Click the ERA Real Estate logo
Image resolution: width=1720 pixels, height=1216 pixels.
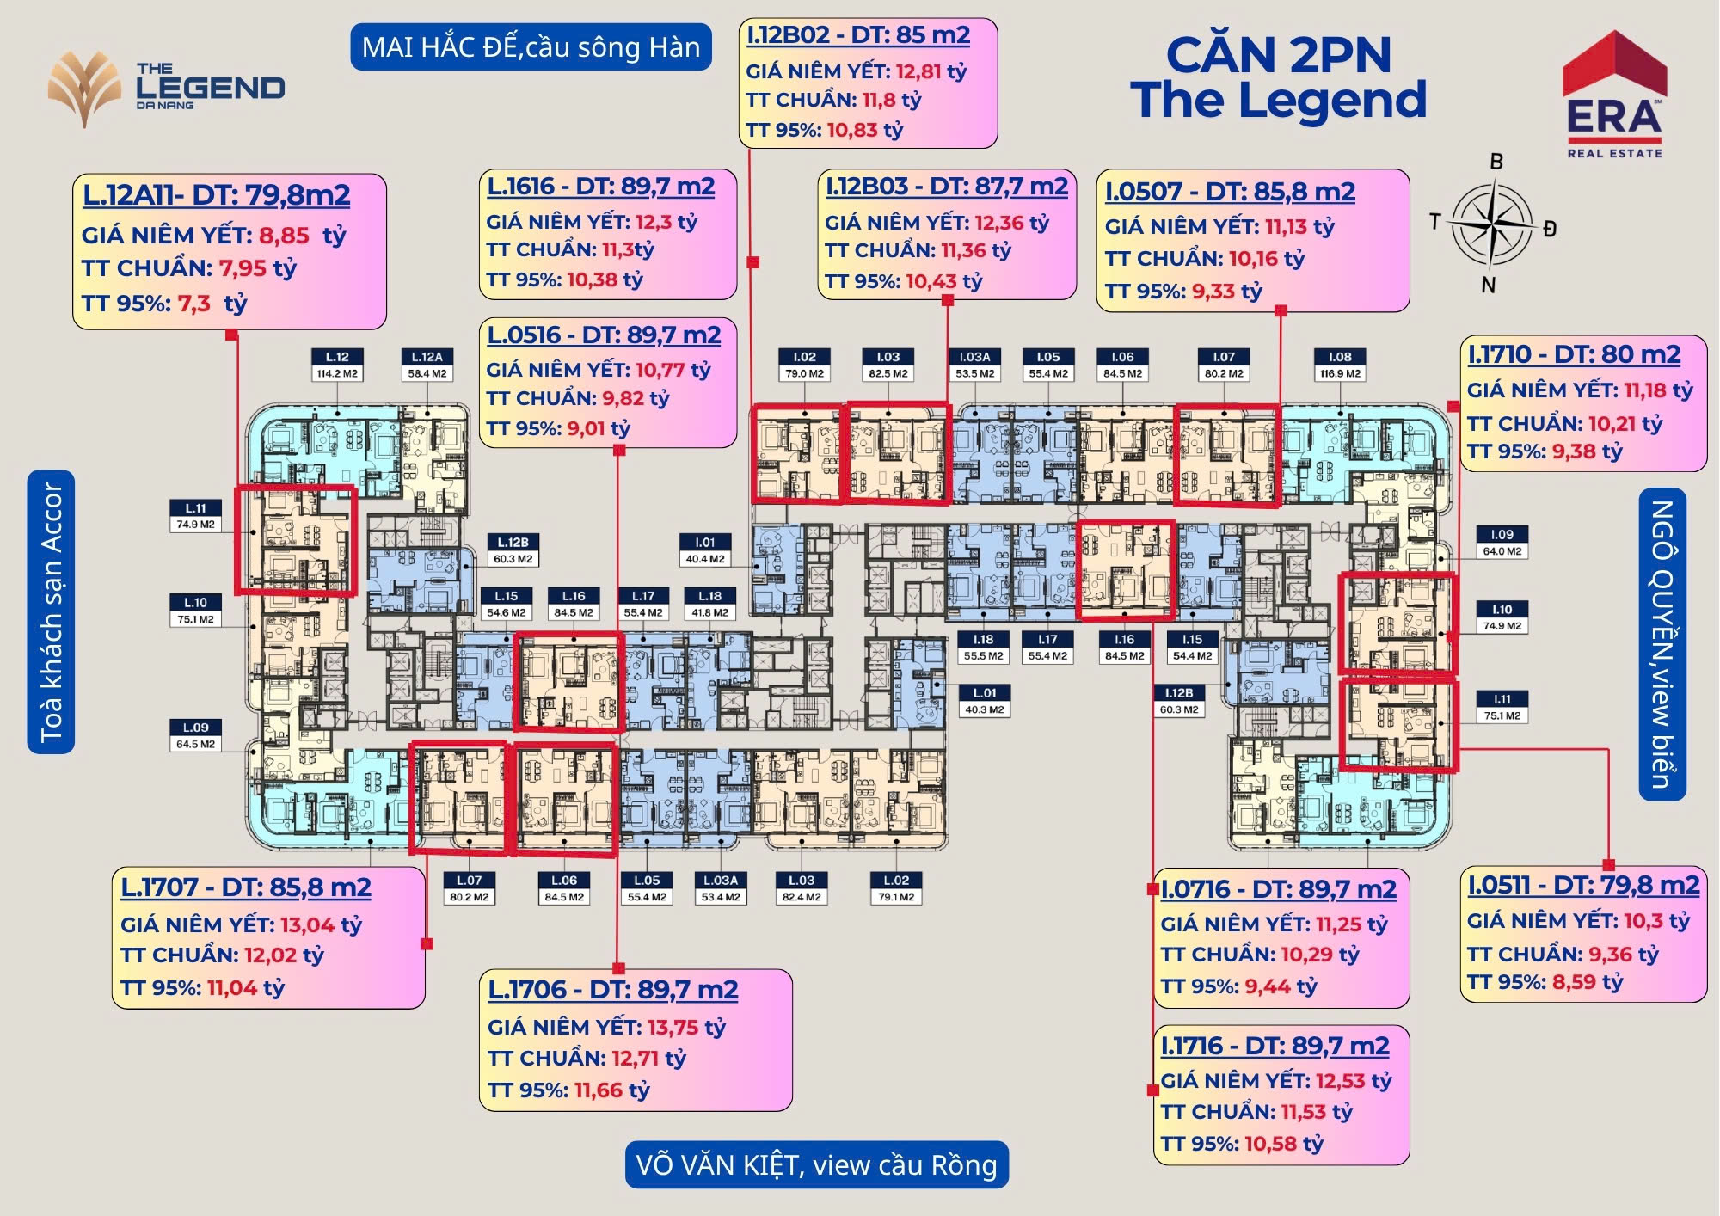[x=1613, y=95]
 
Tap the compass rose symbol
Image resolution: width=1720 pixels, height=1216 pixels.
[x=1493, y=221]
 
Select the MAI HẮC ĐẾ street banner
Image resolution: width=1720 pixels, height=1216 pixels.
[x=531, y=46]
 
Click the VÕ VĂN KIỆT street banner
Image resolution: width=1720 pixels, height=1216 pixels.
[x=816, y=1164]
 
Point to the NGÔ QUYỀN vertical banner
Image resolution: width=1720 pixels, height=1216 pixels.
[x=1662, y=644]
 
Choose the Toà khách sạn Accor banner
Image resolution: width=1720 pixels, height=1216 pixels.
[x=51, y=611]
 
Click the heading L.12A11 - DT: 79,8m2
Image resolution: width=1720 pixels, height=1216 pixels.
[x=216, y=195]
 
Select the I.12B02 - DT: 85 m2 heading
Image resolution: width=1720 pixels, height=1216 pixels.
[x=858, y=35]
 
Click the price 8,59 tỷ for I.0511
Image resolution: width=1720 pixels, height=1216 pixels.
[x=1587, y=981]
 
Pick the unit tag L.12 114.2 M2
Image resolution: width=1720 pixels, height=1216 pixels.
[x=337, y=365]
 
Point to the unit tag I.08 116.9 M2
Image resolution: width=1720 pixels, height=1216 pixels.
[x=1340, y=365]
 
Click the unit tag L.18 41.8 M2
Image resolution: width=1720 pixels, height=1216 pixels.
[x=709, y=604]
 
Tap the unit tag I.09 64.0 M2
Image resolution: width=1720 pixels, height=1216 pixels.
[x=1502, y=543]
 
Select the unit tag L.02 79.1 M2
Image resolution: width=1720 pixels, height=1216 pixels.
[x=896, y=888]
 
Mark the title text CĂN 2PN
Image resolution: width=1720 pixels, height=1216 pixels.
[x=1278, y=55]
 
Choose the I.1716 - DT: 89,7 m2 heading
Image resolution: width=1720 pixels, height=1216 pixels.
[x=1275, y=1046]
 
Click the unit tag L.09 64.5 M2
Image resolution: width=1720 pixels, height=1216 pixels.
[x=195, y=735]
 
